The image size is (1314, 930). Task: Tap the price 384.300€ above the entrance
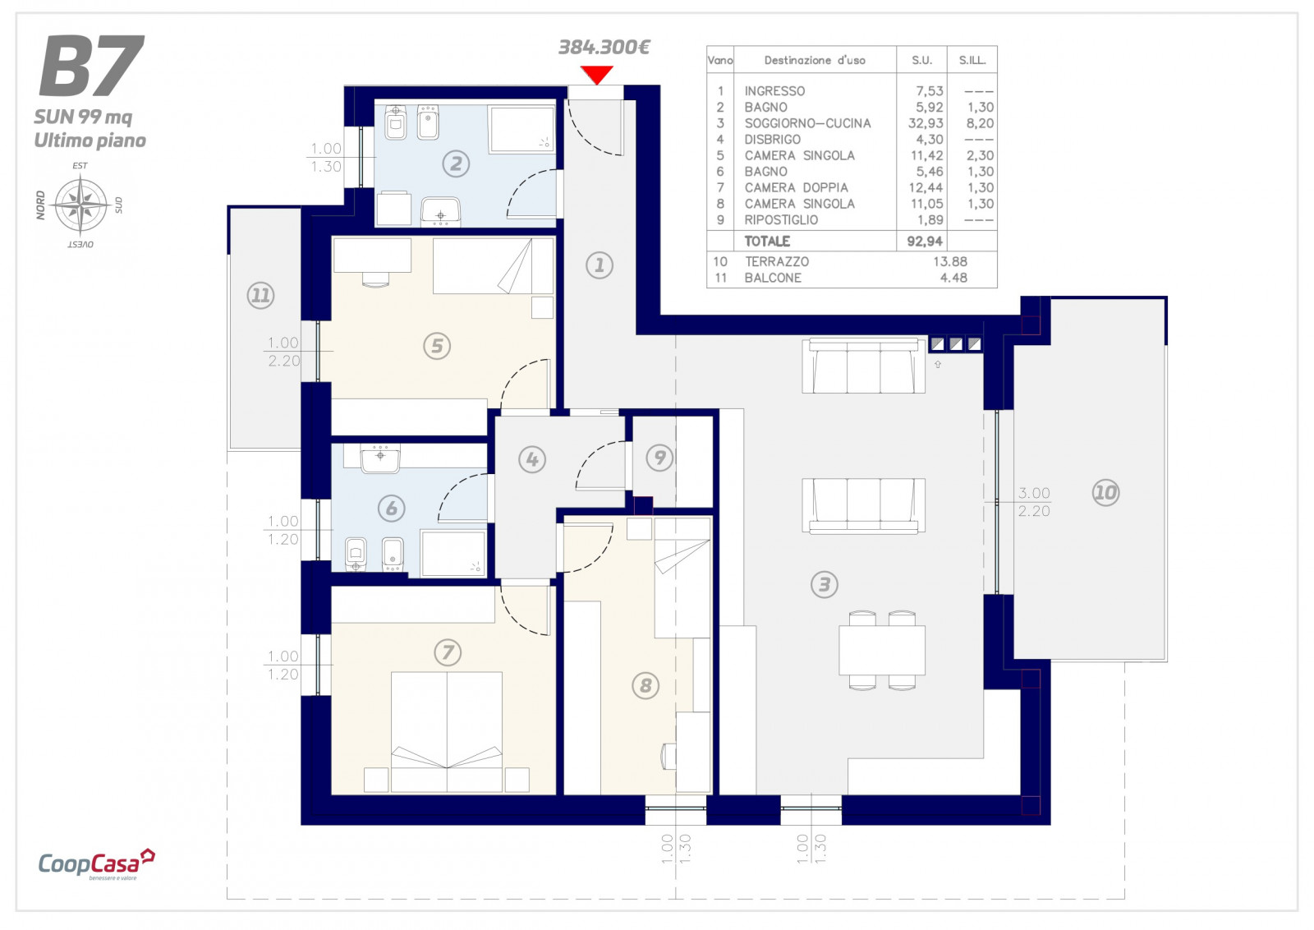tap(604, 47)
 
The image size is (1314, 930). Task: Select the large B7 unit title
tap(91, 65)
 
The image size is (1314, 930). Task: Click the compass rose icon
tap(80, 205)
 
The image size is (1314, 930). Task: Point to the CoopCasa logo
tap(96, 863)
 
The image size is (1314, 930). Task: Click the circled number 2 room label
tap(456, 163)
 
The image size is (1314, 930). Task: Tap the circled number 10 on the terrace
tap(1105, 492)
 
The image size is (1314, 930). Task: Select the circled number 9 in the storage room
tap(659, 457)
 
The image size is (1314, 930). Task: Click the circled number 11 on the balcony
tap(260, 295)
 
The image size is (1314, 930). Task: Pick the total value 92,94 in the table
tap(925, 242)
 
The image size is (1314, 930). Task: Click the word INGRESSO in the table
tap(774, 91)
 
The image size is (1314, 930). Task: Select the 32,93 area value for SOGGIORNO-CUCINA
tap(926, 123)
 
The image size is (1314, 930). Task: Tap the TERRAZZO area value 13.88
tap(950, 262)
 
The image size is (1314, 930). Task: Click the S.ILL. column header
tap(972, 60)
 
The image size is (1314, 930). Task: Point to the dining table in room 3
tap(882, 650)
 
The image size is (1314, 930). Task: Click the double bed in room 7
tap(447, 732)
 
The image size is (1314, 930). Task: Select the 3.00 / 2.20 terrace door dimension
tap(1034, 502)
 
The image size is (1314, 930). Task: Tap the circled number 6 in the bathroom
tap(391, 508)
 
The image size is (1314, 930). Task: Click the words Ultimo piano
tap(90, 140)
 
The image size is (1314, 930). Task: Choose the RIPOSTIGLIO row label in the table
tap(781, 220)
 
